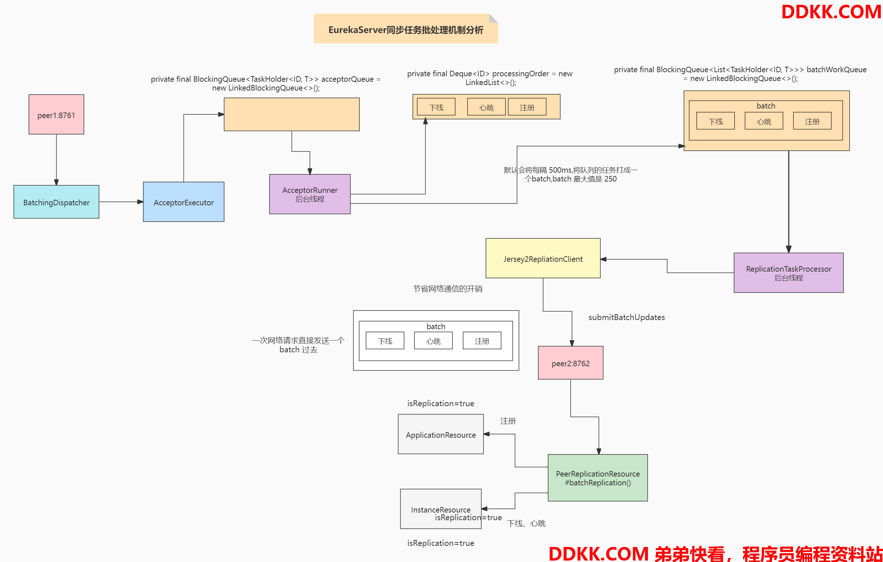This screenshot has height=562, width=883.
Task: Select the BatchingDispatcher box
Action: pos(56,202)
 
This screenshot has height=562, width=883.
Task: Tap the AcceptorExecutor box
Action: pos(183,202)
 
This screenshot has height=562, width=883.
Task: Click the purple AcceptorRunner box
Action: pos(309,194)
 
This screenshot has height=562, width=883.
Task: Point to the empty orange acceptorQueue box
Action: pos(292,114)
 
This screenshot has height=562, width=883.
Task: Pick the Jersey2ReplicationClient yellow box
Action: pos(543,258)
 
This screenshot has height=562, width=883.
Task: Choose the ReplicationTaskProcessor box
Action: pos(788,273)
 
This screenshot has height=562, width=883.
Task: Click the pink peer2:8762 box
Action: pos(570,363)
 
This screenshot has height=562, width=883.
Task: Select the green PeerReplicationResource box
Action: pos(597,478)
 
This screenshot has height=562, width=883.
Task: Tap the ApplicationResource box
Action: pos(440,434)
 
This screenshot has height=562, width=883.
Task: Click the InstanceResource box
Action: pos(440,509)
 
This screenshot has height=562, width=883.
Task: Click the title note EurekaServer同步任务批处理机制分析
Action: pos(406,29)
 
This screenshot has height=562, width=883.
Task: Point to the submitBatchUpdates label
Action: pos(626,317)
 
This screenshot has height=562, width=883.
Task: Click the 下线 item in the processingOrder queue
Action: pos(436,107)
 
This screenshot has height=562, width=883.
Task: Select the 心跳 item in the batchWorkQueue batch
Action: pos(764,121)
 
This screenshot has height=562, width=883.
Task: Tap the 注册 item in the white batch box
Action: pos(482,341)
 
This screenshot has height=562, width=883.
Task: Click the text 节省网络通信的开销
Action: pos(447,289)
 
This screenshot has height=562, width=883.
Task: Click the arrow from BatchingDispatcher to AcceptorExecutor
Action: pos(121,202)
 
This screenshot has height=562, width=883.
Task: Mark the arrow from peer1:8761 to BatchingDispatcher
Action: pos(56,159)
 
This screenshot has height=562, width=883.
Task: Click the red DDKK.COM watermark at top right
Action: pos(831,12)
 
